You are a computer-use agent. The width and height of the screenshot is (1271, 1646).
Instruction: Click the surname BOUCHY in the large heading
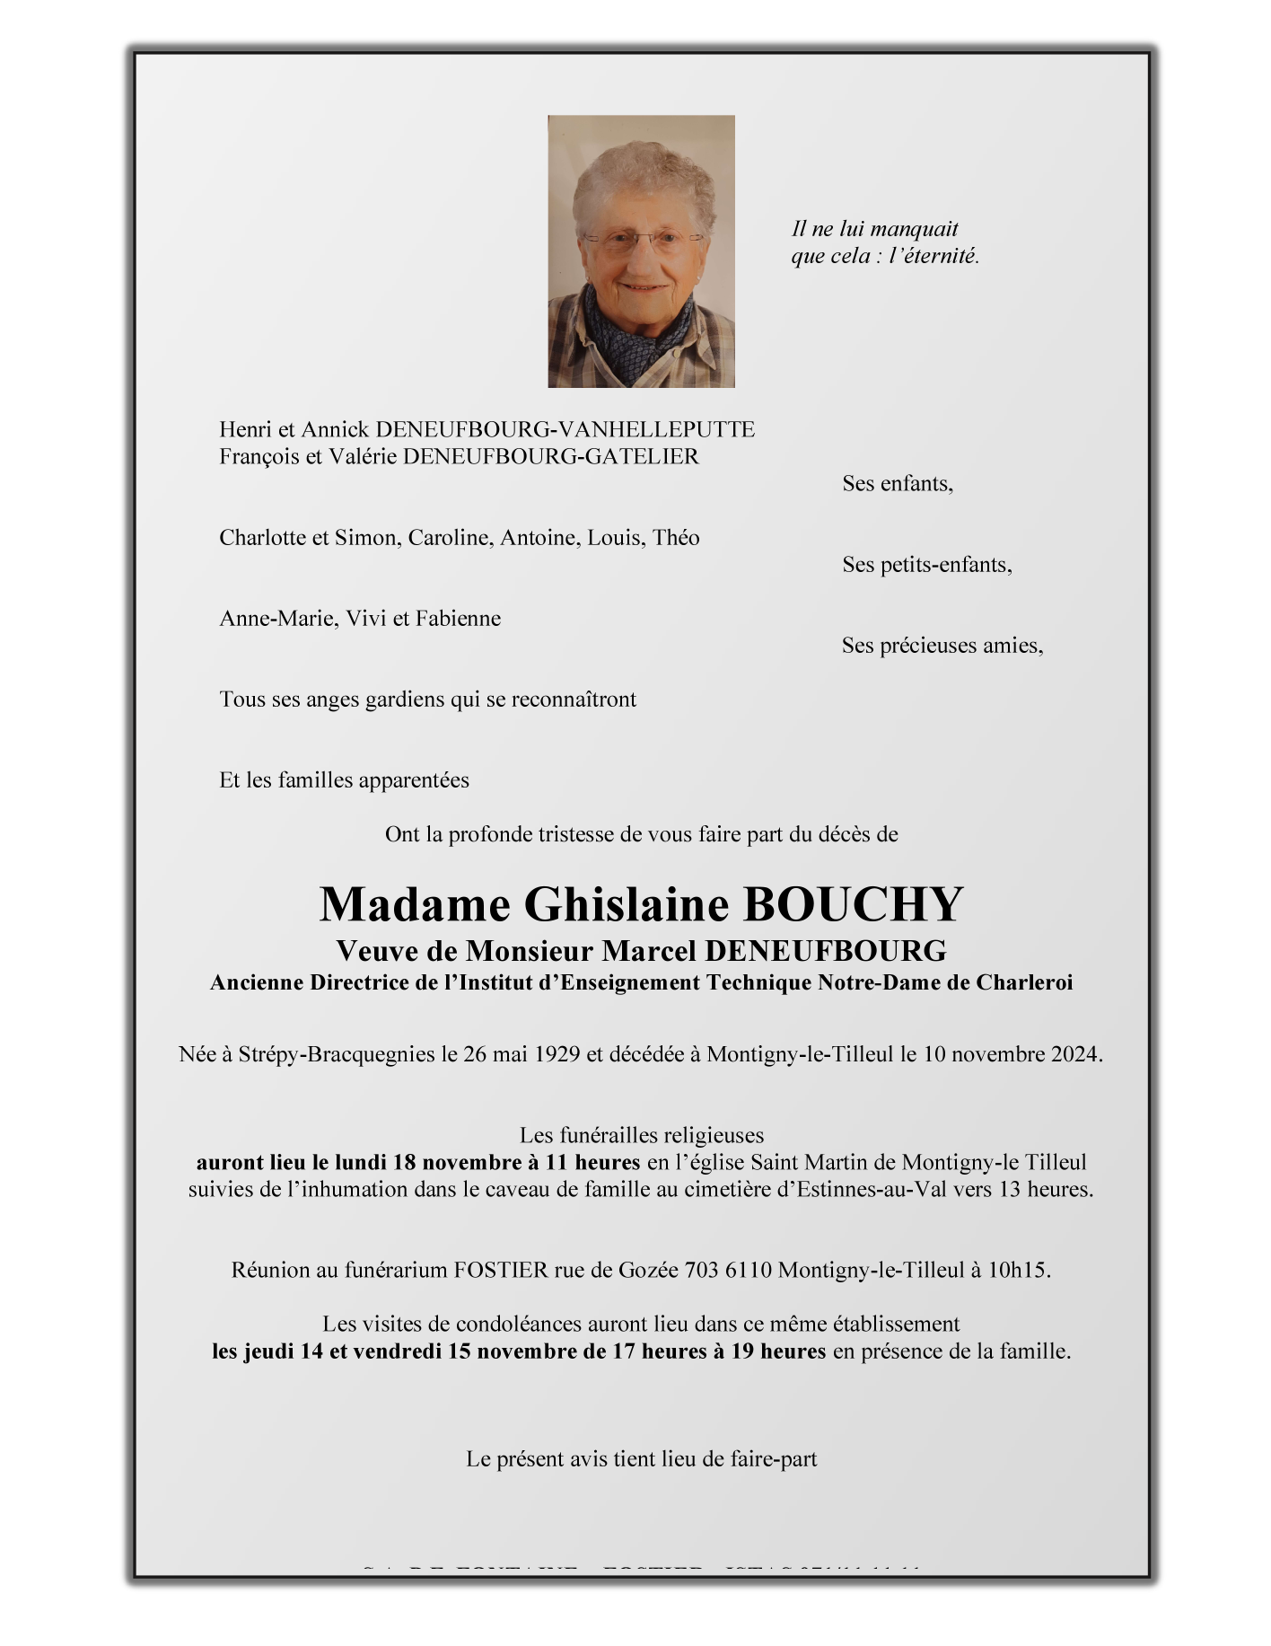[x=853, y=904]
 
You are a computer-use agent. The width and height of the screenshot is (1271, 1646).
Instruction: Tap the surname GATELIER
[x=642, y=456]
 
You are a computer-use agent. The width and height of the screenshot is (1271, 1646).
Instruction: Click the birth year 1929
[x=557, y=1053]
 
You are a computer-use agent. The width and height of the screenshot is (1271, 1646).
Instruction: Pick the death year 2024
[x=1074, y=1053]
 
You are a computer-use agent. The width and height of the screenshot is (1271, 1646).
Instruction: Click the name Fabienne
[x=458, y=619]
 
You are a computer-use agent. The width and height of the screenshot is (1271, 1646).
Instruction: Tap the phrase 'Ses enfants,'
[x=897, y=483]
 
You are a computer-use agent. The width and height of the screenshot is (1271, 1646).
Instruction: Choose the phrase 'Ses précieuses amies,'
[x=942, y=646]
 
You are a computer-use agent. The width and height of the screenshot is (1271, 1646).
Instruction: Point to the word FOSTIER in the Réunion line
[x=501, y=1270]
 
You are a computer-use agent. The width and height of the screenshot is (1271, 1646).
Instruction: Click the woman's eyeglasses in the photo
[x=643, y=240]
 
